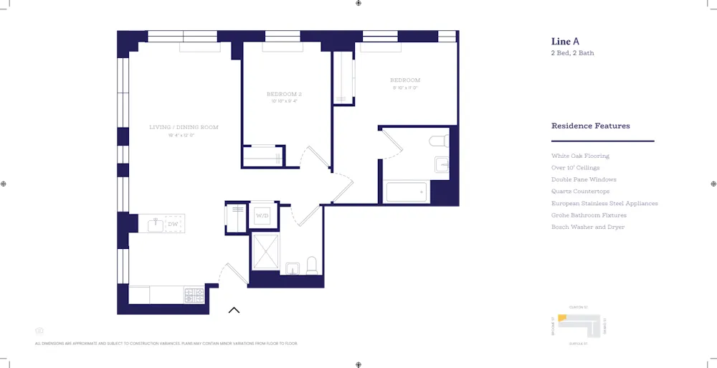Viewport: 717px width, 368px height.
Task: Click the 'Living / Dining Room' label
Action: (184, 127)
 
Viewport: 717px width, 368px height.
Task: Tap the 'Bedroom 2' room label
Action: (284, 94)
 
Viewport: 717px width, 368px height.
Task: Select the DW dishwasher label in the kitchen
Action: (173, 225)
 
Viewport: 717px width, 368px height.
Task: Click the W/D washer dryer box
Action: (262, 216)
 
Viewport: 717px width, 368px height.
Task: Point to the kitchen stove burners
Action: (195, 294)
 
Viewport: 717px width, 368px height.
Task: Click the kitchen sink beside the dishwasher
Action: (156, 225)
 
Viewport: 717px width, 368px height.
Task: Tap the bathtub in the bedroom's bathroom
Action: (406, 192)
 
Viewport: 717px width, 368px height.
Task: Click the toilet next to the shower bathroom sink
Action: (311, 266)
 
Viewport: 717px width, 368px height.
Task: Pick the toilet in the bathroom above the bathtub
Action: (437, 140)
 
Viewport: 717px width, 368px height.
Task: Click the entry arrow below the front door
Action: (234, 311)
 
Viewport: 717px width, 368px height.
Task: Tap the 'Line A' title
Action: (565, 41)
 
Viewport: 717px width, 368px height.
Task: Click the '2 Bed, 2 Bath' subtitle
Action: (572, 53)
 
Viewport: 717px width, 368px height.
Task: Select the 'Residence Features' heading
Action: (590, 126)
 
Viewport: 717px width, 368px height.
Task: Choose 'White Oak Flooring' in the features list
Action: (580, 156)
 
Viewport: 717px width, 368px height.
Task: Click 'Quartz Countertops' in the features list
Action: (580, 192)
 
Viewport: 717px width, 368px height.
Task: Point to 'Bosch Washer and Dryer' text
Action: (587, 227)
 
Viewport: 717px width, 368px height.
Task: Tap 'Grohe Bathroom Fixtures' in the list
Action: (589, 215)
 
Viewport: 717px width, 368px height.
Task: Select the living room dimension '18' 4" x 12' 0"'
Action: (181, 135)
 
